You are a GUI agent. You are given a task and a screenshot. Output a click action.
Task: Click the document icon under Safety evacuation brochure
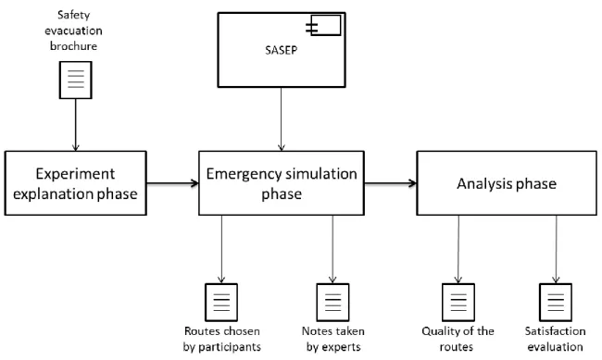76,81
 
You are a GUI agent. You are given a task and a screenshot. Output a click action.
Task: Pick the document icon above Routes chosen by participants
221,303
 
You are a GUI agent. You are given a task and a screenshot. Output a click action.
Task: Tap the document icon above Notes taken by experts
332,303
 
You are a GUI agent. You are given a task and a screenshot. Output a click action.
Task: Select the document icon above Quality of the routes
458,303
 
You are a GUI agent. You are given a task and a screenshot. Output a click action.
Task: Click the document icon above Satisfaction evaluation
556,303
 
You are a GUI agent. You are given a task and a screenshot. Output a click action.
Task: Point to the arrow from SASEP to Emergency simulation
282,119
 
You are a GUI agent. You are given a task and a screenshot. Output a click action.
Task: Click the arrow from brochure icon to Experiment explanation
76,125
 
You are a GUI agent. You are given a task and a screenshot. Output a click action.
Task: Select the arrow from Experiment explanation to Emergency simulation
173,183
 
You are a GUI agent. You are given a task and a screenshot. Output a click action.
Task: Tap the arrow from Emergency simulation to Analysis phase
391,183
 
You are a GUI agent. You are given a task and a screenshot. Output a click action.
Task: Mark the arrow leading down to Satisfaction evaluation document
556,250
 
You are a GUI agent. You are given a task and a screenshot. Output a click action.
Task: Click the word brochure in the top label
73,46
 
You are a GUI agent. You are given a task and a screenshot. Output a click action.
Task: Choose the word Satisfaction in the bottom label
555,330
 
